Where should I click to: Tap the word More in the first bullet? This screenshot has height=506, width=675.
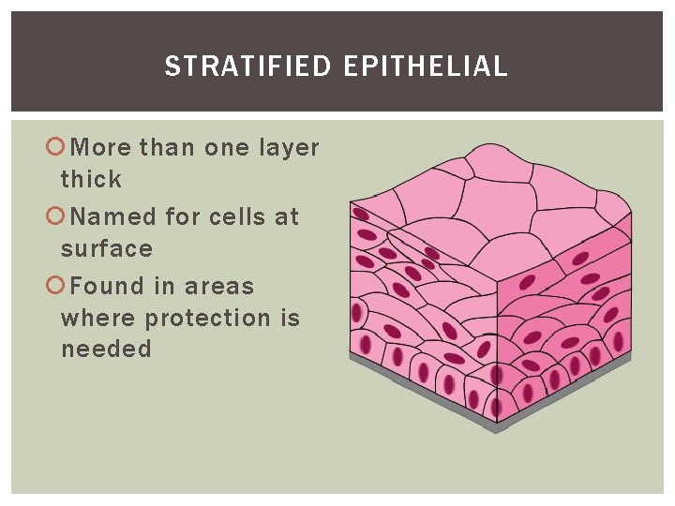click(x=101, y=148)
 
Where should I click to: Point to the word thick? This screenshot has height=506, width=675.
click(x=91, y=179)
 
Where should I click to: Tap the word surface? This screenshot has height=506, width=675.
click(x=106, y=248)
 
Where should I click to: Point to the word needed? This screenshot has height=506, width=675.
click(x=106, y=350)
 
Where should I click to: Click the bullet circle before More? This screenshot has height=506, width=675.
click(x=54, y=147)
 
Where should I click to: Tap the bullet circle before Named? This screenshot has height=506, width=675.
click(x=54, y=216)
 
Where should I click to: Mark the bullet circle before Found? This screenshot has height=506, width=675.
click(x=54, y=286)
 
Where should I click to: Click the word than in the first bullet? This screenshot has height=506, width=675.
click(x=168, y=148)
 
